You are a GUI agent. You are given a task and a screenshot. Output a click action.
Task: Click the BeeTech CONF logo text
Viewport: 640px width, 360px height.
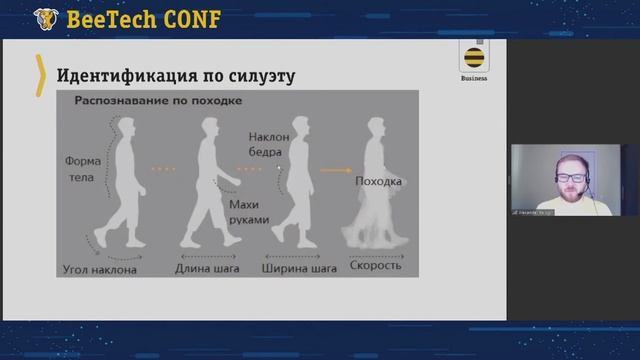[x=142, y=18]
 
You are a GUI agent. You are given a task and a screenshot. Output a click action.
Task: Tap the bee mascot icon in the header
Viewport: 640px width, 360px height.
[x=45, y=18]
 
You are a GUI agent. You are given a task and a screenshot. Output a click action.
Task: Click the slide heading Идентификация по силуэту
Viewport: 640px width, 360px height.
[x=175, y=76]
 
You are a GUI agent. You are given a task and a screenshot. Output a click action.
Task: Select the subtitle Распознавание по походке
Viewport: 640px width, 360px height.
[x=158, y=101]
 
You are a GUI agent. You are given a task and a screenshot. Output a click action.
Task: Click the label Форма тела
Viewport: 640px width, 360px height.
[x=83, y=168]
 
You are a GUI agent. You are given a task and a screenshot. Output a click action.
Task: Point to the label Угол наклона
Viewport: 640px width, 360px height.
[x=100, y=268]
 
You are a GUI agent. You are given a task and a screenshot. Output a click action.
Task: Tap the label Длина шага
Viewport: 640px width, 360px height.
[x=212, y=268]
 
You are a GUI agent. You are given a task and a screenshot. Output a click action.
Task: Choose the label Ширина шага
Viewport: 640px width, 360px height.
[x=297, y=268]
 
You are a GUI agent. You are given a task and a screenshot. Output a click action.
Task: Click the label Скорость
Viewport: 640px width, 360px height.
[x=376, y=267]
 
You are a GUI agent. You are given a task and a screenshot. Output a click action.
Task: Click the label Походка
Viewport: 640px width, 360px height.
[x=378, y=182]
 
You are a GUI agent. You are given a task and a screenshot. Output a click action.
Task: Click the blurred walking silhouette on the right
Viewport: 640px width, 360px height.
[x=376, y=210]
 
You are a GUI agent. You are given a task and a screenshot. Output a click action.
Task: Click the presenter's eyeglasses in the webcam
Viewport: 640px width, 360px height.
[x=572, y=177]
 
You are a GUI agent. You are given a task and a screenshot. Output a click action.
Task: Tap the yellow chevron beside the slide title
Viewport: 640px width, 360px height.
[x=41, y=75]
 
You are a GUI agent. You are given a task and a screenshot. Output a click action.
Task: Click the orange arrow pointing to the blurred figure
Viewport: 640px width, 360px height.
[x=334, y=170]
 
